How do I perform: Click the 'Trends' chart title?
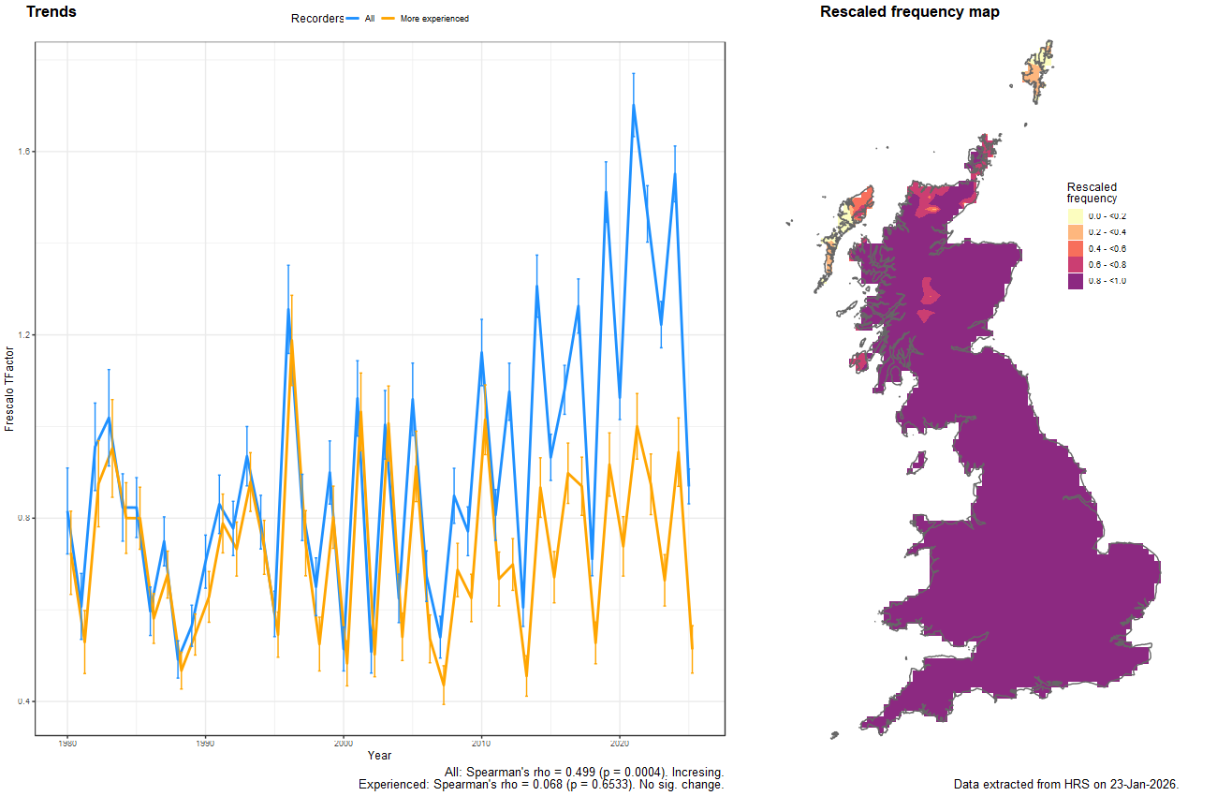(51, 12)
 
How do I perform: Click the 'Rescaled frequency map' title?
(909, 12)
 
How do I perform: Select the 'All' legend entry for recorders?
(369, 19)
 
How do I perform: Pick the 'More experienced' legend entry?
(433, 19)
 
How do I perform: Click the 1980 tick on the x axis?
(67, 744)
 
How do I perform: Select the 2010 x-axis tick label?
(481, 744)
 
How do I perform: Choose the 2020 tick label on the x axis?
(619, 744)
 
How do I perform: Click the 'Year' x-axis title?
(380, 755)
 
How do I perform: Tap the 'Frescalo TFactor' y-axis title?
(9, 387)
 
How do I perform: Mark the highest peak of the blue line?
(634, 105)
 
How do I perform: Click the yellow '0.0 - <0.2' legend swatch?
(1076, 216)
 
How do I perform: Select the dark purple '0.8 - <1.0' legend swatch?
(1076, 281)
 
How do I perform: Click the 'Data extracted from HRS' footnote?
(1065, 784)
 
